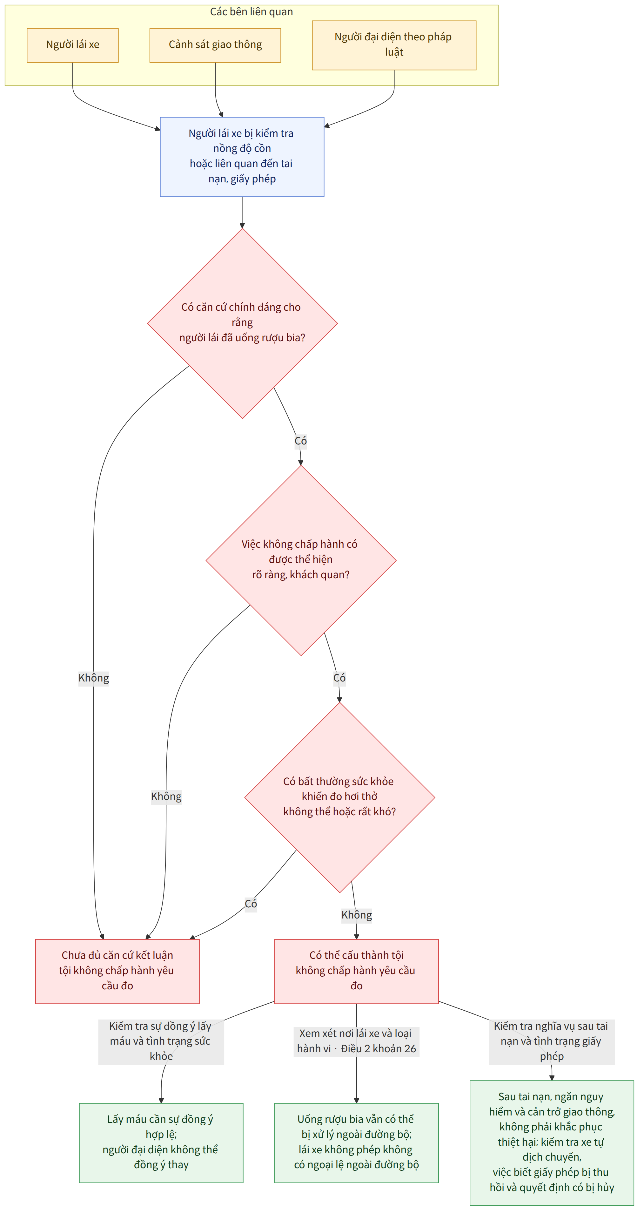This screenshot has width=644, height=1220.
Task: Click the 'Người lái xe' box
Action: pos(72,45)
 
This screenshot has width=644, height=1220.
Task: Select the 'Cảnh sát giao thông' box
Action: pos(215,45)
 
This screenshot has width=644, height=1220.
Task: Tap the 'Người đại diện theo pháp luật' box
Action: pos(394,45)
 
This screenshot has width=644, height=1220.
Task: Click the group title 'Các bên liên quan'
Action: pos(252,12)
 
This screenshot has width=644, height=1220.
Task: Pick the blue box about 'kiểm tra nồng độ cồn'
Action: pos(242,157)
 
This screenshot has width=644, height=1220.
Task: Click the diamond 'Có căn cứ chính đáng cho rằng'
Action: pos(242,323)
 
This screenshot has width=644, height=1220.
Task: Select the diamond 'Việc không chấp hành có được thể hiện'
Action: pos(301,560)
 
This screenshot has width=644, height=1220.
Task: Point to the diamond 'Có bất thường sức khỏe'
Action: pos(339,797)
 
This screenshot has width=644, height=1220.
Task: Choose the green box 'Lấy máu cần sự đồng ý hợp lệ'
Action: pos(161,1143)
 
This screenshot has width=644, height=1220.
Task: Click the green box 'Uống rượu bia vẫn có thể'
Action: pos(357,1143)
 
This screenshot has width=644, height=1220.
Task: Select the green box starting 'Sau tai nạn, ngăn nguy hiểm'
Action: pos(552,1143)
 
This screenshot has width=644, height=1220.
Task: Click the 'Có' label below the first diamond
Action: pos(301,441)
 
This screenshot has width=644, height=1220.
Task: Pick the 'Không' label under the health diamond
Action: pos(357,915)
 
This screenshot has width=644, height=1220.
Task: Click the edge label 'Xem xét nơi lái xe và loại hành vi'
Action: pos(357,1041)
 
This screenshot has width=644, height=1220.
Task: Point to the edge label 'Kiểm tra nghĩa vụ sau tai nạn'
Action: pos(552,1041)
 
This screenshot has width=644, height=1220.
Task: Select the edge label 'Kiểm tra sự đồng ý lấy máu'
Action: pos(161,1041)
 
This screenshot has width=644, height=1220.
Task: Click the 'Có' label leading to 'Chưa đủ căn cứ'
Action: pos(251,904)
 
